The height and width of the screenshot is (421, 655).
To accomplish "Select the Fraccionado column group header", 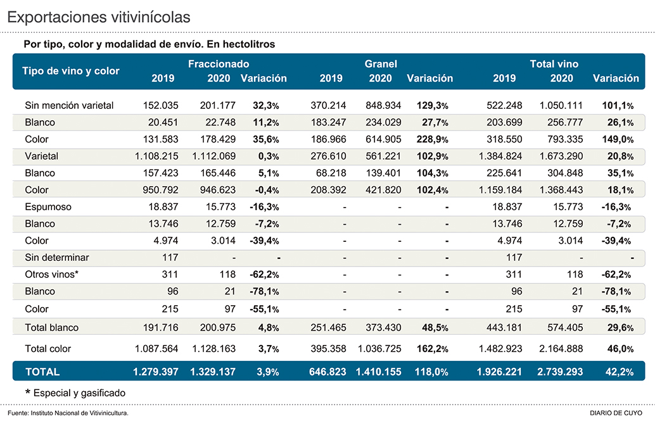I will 219,64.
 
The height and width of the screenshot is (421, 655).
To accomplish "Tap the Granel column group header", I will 381,64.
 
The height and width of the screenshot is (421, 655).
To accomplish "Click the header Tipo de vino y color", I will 71,71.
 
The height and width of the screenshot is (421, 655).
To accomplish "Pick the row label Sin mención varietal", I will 69,105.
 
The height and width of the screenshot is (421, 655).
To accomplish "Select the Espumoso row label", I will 48,207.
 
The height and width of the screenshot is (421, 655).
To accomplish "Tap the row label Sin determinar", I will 56,258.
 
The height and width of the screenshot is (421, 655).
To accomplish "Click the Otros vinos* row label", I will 52,275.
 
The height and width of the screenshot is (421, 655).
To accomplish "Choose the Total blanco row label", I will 51,327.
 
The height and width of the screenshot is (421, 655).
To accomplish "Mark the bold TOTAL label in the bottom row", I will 42,372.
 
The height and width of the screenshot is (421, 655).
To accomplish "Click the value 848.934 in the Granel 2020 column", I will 381,105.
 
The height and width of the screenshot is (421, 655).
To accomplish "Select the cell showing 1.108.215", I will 156,156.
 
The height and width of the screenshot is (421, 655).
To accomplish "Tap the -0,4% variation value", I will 260,190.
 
